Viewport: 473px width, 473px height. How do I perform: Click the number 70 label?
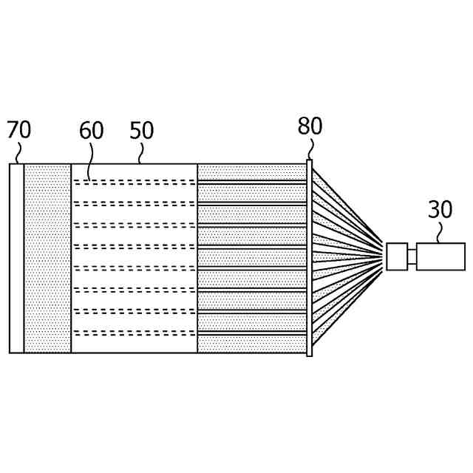19,130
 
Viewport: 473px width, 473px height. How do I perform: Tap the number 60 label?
92,131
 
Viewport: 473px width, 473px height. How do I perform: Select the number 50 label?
141,131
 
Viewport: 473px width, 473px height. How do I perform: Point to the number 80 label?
310,126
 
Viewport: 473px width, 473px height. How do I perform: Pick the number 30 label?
440,210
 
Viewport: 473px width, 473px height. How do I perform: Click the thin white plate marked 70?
17,258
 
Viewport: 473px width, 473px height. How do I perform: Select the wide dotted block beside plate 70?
48,258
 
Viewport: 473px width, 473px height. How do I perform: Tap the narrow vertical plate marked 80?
310,258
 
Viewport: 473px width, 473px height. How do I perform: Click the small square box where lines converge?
397,256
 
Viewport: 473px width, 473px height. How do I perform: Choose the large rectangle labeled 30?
440,256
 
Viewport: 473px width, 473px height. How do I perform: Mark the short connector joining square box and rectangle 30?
412,256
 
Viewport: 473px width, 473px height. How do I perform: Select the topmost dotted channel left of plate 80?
252,171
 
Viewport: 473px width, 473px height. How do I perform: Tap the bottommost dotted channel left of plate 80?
252,344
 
